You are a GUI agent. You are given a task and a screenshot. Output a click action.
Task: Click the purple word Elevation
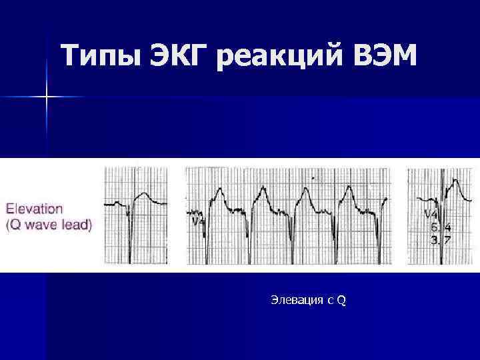click(x=35, y=209)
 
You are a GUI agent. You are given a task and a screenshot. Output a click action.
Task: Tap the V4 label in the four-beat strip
click(x=198, y=222)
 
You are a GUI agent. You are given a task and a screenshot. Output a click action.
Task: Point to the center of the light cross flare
click(x=47, y=97)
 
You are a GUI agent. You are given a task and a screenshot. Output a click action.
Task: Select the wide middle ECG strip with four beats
click(x=287, y=215)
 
